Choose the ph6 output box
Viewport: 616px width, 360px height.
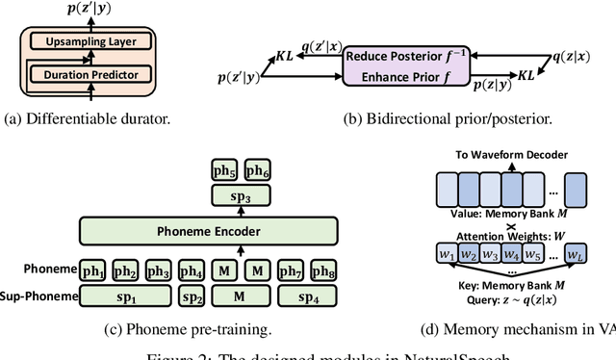tap(258, 172)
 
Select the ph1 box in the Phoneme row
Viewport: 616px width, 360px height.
tap(93, 270)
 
